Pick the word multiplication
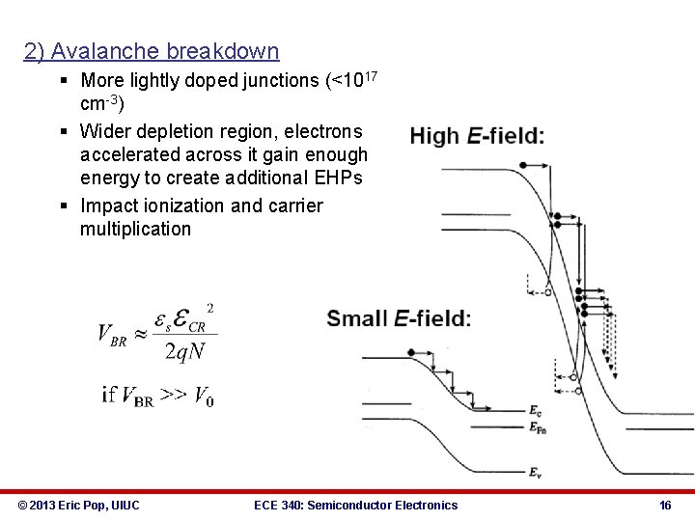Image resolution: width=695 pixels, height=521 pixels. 136,229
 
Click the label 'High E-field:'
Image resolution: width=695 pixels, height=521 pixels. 477,136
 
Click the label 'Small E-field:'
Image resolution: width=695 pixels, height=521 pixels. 399,317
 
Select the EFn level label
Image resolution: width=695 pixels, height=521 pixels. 538,425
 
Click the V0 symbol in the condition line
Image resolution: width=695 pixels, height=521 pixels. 203,396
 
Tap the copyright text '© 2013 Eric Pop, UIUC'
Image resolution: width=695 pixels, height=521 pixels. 78,505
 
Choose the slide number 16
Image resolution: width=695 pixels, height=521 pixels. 664,505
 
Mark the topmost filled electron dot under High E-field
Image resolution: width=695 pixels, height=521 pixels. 522,165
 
